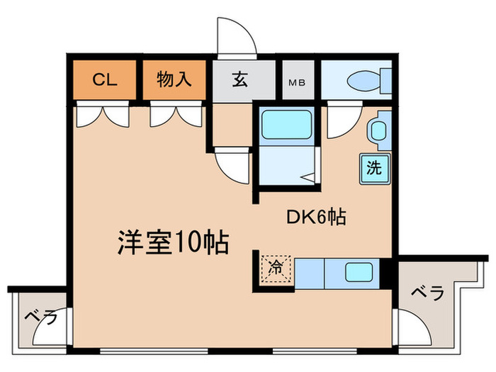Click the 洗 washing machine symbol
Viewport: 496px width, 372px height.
tap(373, 169)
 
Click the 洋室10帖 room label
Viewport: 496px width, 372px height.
tap(171, 243)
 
